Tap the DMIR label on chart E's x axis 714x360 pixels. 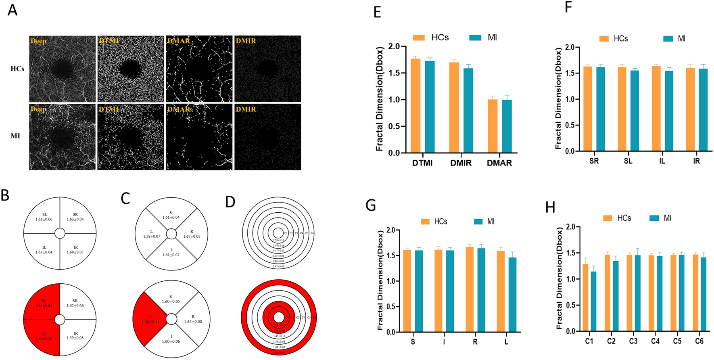pyautogui.click(x=461, y=163)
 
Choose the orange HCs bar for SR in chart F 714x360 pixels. pyautogui.click(x=588, y=109)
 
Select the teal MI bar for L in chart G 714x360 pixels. pyautogui.click(x=512, y=295)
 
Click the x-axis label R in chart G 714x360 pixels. pyautogui.click(x=475, y=342)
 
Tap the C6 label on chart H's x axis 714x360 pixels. pyautogui.click(x=699, y=341)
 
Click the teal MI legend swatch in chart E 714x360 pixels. pyautogui.click(x=476, y=38)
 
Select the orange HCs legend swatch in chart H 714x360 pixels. pyautogui.click(x=608, y=218)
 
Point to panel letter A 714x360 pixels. pyautogui.click(x=13, y=10)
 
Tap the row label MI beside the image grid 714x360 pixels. pyautogui.click(x=15, y=136)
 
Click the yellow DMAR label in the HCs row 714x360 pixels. pyautogui.click(x=178, y=41)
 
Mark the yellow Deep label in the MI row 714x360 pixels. pyautogui.click(x=38, y=109)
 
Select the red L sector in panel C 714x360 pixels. pyautogui.click(x=149, y=319)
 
